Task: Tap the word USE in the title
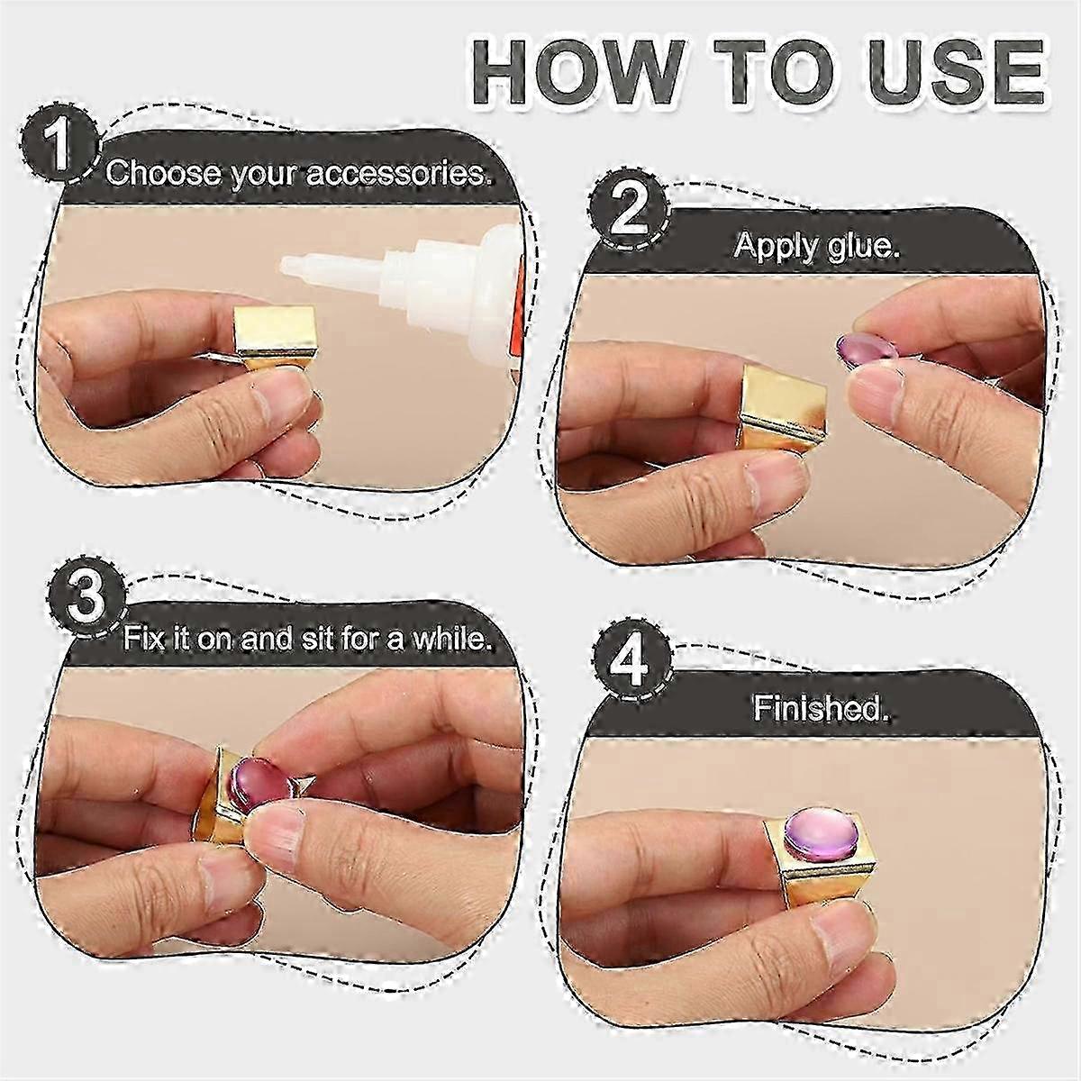[949, 73]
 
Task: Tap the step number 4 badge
[632, 665]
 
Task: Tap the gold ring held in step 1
[276, 342]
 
